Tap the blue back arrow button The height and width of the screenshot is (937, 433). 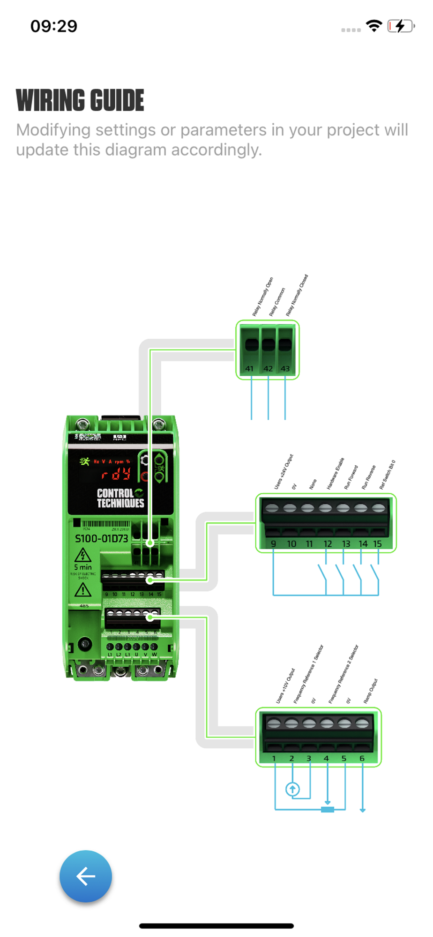86,876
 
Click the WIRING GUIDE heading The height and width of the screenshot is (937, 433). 80,100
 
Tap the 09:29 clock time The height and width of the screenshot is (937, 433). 54,26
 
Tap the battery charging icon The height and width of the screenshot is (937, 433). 401,26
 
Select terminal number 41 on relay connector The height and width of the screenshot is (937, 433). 249,369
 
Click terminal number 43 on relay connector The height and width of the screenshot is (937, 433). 285,369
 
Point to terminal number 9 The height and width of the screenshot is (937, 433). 273,544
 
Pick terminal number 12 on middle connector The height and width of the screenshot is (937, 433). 328,544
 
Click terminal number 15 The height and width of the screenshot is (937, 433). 377,544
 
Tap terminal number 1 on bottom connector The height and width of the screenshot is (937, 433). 274,759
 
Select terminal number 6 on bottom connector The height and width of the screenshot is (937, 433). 362,759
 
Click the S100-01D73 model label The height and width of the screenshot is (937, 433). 101,539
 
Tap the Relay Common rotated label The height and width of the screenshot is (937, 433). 277,302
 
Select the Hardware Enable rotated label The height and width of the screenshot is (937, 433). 335,474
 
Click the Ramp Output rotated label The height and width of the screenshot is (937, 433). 370,692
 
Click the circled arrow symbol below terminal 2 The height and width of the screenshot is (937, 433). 292,790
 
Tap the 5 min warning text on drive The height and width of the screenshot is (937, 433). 83,567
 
